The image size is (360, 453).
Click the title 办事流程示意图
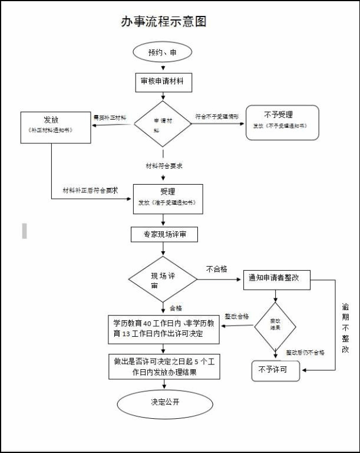tap(164, 22)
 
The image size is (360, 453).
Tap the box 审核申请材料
tap(163, 81)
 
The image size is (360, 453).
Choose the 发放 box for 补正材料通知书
tap(55, 127)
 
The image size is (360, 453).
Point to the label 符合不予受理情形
tap(217, 117)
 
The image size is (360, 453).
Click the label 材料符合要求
tap(164, 166)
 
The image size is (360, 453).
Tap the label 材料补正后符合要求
tap(91, 191)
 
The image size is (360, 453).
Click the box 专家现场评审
tap(167, 235)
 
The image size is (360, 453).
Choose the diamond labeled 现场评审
tap(163, 280)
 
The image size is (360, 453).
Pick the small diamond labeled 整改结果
tap(275, 324)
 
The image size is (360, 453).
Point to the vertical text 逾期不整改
tap(345, 328)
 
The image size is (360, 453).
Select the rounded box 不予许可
tap(275, 370)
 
